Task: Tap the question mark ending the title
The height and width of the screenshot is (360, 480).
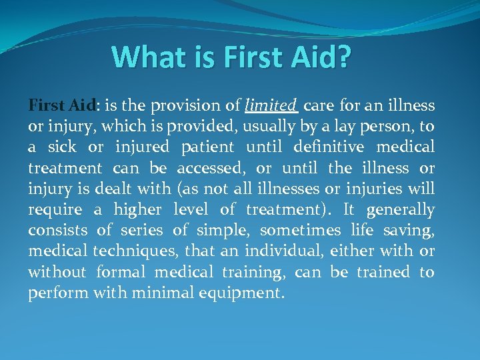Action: click(x=341, y=58)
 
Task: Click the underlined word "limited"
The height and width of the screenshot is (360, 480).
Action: click(x=271, y=105)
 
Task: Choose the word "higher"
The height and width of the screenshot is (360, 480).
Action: click(x=137, y=210)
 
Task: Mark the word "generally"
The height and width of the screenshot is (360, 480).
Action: click(x=400, y=210)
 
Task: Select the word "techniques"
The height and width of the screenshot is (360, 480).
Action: click(x=136, y=251)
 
